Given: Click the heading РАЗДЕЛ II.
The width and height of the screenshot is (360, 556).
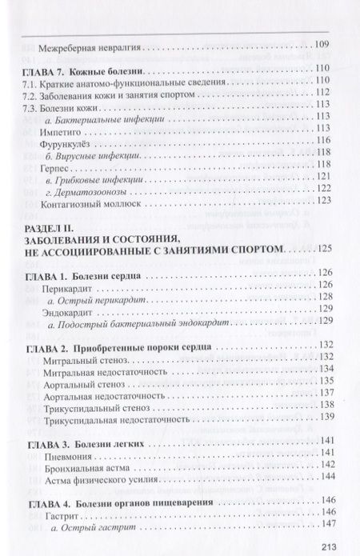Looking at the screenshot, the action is pos(50,229).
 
